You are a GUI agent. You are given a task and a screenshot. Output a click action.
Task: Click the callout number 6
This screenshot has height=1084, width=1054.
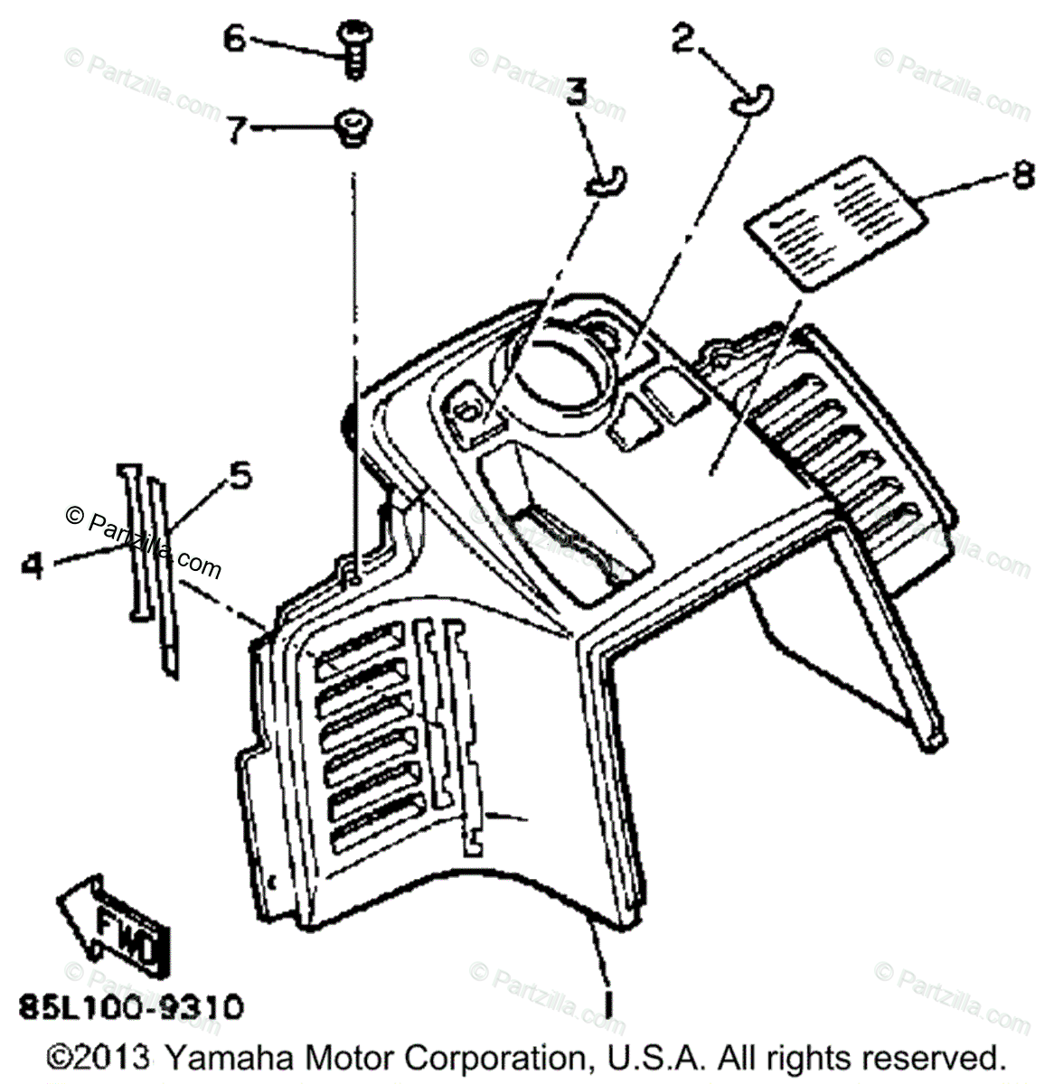(234, 39)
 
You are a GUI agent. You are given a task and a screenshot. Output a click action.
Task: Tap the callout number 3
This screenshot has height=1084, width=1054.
(576, 92)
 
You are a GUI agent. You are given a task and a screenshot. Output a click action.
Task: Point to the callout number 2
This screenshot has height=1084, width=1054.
(684, 39)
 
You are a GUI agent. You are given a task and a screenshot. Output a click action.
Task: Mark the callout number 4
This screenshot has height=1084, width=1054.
(33, 567)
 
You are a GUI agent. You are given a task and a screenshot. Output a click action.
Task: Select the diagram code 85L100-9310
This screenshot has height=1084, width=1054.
(131, 1005)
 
